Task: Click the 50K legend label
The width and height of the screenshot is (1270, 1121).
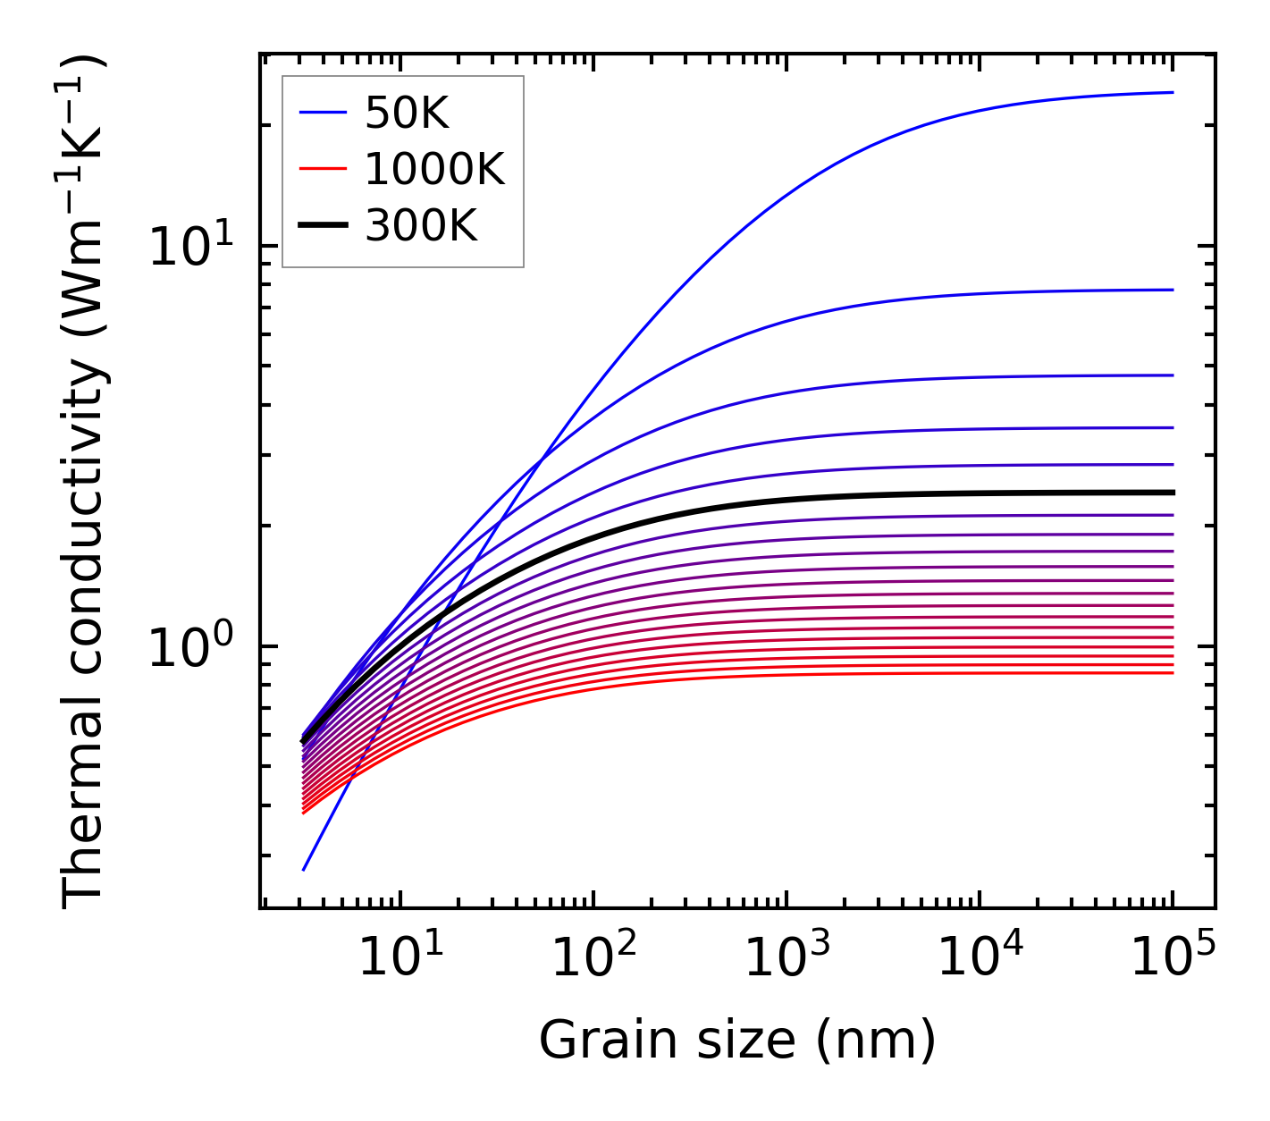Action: (407, 114)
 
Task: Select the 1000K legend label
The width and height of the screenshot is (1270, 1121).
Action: (434, 169)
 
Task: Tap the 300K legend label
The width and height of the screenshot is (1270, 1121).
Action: (421, 226)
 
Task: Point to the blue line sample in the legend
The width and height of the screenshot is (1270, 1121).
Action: (322, 113)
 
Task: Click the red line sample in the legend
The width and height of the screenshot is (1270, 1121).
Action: (322, 169)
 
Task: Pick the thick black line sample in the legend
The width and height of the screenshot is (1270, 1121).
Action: (322, 226)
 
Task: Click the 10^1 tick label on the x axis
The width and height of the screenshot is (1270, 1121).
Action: (400, 958)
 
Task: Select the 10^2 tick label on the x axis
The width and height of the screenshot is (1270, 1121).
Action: (593, 958)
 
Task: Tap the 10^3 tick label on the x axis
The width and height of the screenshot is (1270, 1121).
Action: (786, 958)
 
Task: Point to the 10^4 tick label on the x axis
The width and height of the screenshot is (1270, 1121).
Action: (980, 958)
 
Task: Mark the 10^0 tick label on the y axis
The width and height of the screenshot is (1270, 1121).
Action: (201, 645)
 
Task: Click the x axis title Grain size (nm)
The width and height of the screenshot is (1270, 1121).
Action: (737, 1041)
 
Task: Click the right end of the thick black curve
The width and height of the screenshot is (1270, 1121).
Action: (1172, 493)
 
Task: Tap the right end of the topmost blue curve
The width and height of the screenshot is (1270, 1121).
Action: (1172, 92)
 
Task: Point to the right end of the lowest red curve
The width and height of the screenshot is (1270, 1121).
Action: (1172, 672)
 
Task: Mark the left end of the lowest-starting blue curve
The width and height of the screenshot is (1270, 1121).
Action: (304, 870)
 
